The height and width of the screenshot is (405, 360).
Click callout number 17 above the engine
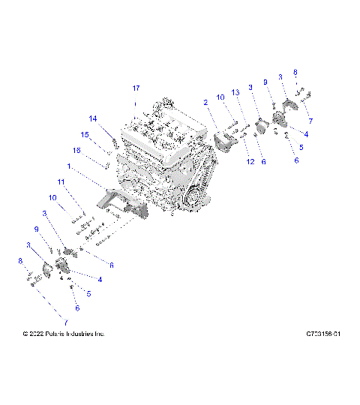[x=136, y=88]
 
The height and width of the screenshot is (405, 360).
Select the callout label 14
[x=93, y=118]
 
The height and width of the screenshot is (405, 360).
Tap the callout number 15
[x=85, y=134]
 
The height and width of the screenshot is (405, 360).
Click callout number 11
[x=61, y=182]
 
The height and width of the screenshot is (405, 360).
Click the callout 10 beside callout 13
[x=220, y=97]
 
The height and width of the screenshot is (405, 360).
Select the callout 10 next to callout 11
[x=53, y=198]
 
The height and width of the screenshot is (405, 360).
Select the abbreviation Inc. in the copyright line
[x=100, y=333]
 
